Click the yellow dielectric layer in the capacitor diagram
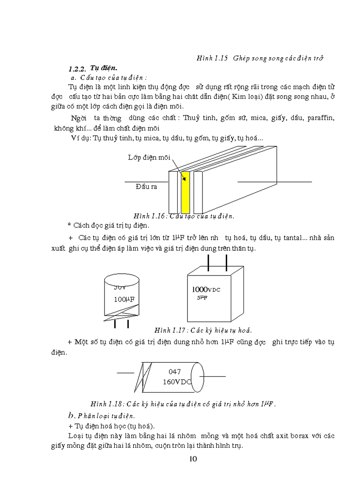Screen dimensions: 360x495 pos(186,192)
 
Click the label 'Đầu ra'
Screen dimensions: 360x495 pos(146,186)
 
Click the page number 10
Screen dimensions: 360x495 pos(193,459)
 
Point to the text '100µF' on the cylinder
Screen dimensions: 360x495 pos(124,300)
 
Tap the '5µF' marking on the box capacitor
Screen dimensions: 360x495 pos(202,298)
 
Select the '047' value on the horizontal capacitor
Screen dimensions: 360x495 pos(175,372)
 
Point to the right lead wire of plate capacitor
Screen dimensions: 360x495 pos(274,181)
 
